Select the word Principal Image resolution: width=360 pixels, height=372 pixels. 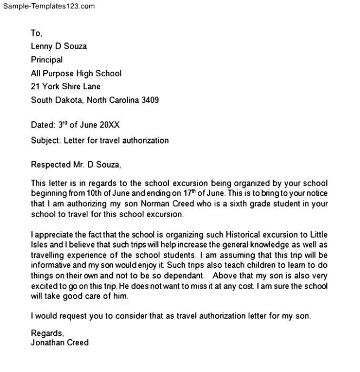47,60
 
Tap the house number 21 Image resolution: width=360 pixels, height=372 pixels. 35,87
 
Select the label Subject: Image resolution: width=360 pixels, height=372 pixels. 46,141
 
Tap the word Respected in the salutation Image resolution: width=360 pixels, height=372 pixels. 50,165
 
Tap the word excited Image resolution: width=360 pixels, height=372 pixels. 44,286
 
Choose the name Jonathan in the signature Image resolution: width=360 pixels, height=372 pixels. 47,343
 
